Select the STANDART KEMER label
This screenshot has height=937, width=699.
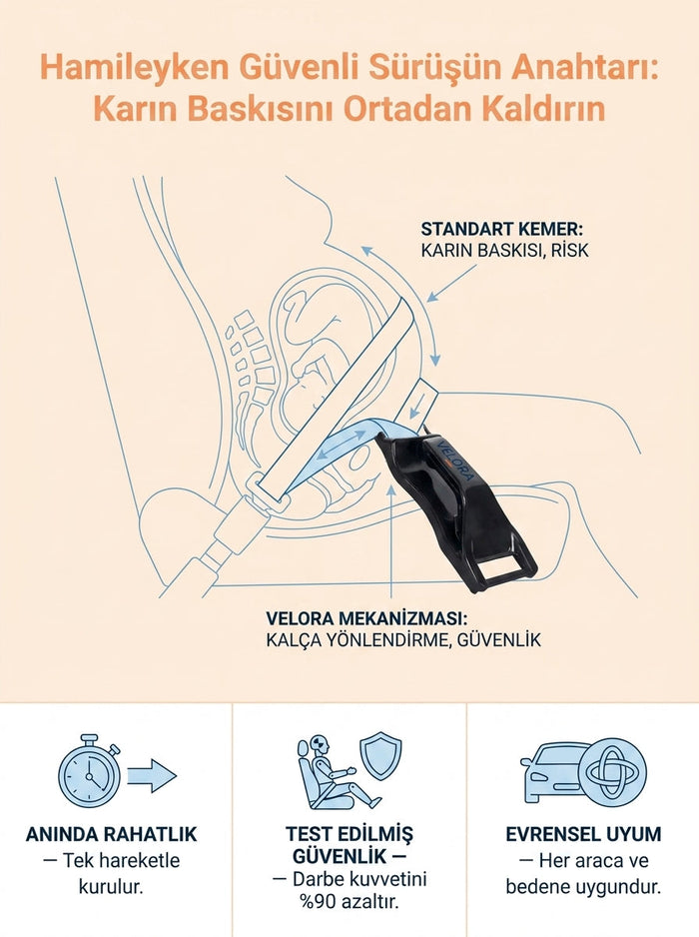click(x=502, y=230)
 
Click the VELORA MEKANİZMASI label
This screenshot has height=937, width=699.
click(x=365, y=618)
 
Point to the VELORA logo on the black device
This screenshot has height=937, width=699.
click(x=457, y=461)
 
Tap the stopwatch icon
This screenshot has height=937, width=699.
click(x=90, y=770)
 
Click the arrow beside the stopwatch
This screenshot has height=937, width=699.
click(x=153, y=775)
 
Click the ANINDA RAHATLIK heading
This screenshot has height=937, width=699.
click(x=111, y=834)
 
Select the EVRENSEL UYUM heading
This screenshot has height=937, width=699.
click(x=584, y=834)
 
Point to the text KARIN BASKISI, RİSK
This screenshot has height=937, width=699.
click(x=505, y=251)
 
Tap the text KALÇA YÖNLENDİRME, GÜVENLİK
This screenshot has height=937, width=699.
click(x=403, y=640)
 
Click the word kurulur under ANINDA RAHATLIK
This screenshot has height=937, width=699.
click(x=111, y=887)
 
